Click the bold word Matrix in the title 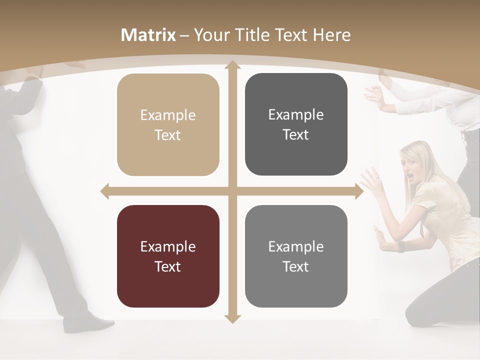148,35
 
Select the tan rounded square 168,124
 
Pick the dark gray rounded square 296,124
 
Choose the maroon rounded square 168,256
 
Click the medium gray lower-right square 296,256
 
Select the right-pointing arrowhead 358,191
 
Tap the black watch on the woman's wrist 400,246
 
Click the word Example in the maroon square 168,247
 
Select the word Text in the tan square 168,135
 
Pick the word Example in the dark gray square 296,115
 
